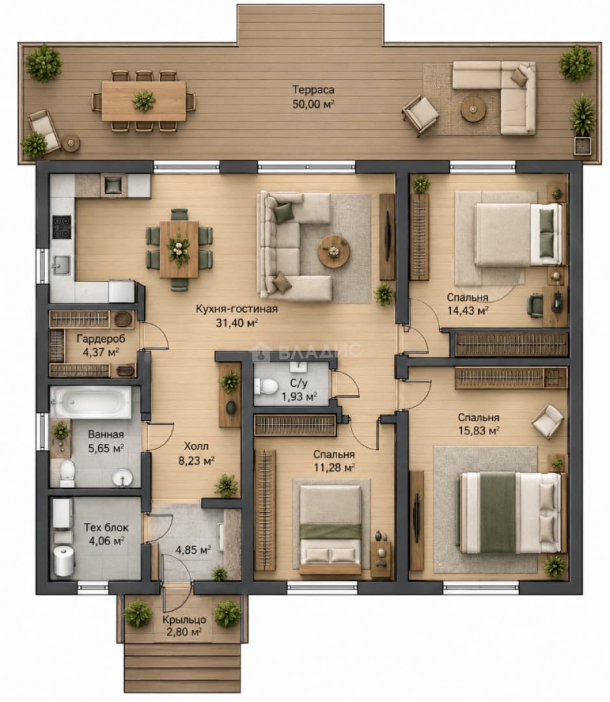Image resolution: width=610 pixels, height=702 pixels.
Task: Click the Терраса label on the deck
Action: (x=313, y=90)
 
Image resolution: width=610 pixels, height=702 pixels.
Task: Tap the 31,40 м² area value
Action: (x=236, y=322)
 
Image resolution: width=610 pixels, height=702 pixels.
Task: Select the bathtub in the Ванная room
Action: (x=92, y=402)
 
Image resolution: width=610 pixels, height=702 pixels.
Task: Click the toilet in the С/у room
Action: (x=266, y=386)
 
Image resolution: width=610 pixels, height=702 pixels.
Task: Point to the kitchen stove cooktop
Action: (x=62, y=227)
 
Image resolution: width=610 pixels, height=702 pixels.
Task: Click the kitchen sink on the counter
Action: (x=60, y=265)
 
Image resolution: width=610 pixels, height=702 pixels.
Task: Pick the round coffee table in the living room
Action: (x=333, y=251)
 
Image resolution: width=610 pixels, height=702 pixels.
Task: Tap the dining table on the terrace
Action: (x=144, y=101)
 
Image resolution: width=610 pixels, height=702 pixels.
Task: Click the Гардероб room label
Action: (x=101, y=339)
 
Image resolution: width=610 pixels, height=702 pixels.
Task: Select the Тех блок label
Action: (x=106, y=527)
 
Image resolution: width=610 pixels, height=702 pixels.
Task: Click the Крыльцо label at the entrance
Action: (x=184, y=619)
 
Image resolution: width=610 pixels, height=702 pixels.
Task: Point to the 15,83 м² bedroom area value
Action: (x=478, y=431)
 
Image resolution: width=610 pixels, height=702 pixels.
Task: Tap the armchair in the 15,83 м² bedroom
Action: (x=548, y=421)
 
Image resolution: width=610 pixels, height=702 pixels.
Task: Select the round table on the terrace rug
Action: (x=473, y=109)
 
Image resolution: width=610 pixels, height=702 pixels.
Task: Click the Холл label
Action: (x=196, y=447)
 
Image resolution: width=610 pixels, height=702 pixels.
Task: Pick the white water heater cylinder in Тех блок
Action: (x=63, y=560)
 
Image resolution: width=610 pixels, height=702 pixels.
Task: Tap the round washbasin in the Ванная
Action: (x=122, y=478)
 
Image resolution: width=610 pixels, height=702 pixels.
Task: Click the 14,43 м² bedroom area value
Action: (x=467, y=311)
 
